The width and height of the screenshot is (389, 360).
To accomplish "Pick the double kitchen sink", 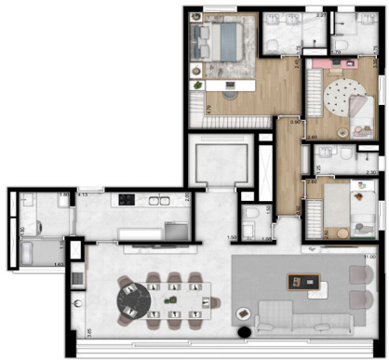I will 173,229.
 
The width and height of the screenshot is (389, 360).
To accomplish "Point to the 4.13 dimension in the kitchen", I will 83,195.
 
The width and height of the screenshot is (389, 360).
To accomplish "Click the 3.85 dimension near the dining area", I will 63,331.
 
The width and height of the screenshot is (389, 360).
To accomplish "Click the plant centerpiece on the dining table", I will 169,299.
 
